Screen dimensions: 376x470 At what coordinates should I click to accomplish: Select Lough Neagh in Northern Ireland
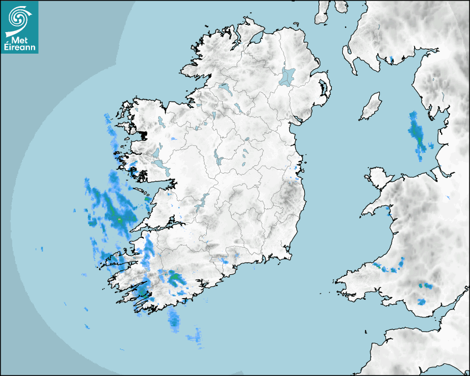pos(288,76)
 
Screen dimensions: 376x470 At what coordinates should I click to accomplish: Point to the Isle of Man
pos(371,107)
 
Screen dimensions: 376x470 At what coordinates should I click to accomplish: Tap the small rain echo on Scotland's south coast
pos(391,58)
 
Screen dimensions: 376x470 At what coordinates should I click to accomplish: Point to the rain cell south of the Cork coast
pos(175,319)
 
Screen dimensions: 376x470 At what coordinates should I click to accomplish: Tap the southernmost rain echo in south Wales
pos(422,302)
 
